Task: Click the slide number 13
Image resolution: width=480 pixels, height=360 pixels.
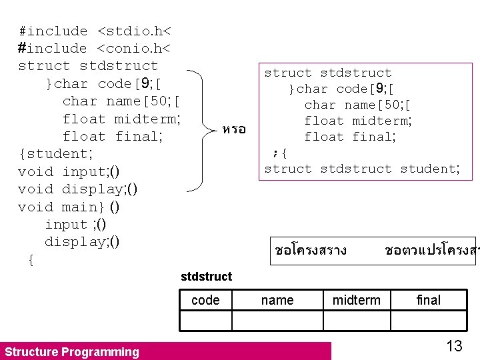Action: (454, 346)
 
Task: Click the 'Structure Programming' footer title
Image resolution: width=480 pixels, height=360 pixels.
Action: (72, 352)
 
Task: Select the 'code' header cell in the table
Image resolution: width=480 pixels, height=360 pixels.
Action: (205, 301)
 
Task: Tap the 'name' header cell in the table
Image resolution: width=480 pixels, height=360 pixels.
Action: (277, 301)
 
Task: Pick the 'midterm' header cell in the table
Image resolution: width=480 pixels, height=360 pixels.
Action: (357, 301)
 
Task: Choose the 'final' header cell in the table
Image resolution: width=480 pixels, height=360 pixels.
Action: (429, 301)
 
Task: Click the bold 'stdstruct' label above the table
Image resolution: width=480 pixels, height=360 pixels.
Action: (207, 277)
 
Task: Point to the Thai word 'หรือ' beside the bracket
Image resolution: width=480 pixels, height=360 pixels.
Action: (234, 129)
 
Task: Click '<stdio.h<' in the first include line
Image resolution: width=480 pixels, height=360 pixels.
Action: (134, 31)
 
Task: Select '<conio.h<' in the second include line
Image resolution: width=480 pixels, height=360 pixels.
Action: (134, 49)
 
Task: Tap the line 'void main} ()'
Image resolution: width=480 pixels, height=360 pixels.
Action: (69, 207)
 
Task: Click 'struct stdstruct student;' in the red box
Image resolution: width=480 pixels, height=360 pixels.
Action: (362, 169)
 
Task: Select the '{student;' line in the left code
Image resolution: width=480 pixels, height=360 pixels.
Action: (55, 154)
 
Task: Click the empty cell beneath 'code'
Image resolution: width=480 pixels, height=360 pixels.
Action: (205, 321)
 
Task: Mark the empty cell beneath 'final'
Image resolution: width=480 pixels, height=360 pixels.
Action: (429, 321)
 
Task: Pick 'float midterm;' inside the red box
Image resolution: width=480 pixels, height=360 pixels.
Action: (358, 121)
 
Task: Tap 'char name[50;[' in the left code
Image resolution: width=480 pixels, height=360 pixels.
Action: (121, 101)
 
